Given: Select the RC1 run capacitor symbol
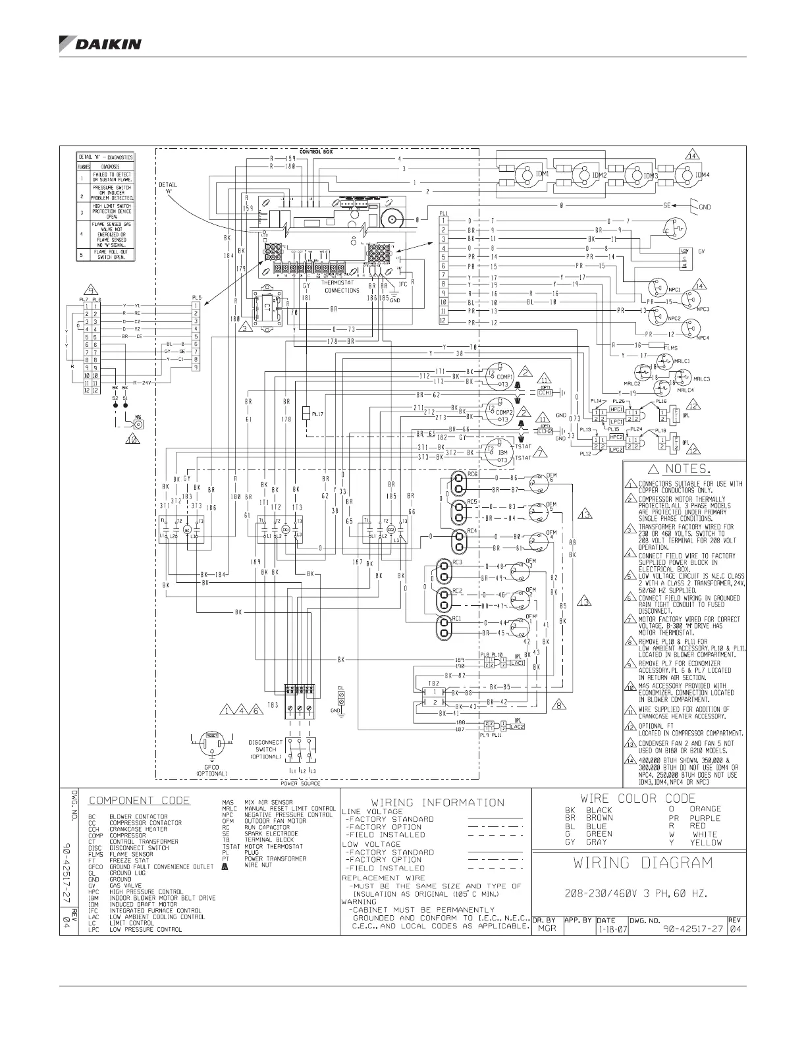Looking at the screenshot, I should (x=446, y=627).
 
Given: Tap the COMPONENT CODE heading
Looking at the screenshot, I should (x=139, y=801).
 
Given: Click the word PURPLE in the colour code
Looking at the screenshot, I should (x=705, y=818).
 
